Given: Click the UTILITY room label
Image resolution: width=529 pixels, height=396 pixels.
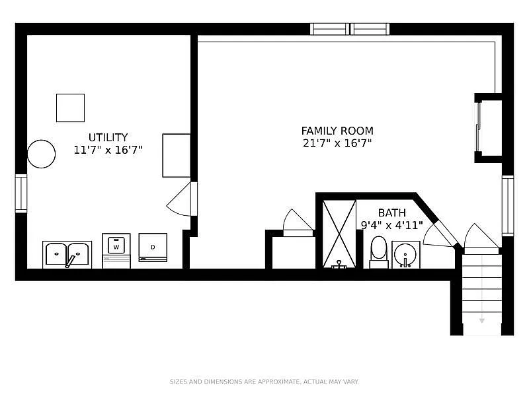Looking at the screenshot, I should pos(108,137).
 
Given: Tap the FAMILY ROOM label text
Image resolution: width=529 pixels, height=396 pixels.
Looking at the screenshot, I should pos(337,131).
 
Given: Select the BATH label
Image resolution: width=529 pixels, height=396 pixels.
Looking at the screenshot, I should pos(391,213).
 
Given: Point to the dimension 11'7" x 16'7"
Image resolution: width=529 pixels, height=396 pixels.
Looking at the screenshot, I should pos(108,150).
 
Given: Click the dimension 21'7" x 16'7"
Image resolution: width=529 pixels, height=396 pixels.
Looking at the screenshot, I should pos(337,143).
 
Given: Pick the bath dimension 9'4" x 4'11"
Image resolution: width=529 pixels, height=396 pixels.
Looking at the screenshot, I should pos(391,225).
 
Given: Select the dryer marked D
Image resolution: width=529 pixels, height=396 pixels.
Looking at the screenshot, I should pos(153,247).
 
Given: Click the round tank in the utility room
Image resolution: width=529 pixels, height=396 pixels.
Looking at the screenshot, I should pos(41,154).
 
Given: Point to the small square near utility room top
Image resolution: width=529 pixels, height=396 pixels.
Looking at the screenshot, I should pos(70,108).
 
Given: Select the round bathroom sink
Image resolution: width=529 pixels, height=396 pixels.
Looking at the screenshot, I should pos(405,253).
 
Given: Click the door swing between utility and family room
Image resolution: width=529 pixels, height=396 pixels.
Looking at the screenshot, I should pos(180,199).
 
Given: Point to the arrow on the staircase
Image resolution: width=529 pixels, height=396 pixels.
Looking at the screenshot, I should pos(482,320).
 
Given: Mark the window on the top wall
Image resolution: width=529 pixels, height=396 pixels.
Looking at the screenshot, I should pos(350,29).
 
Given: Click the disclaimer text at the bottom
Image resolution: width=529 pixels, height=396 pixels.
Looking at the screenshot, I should pos(264,381).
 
